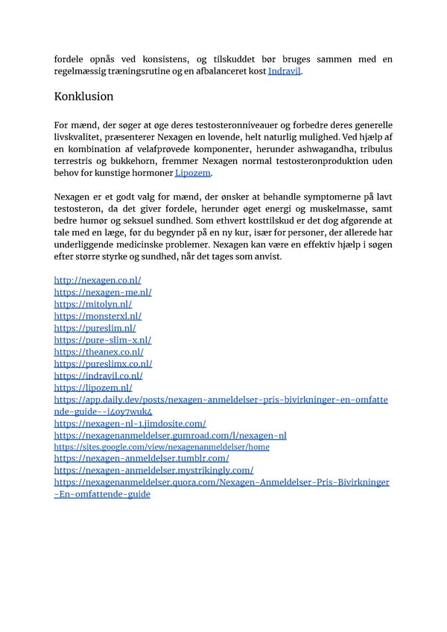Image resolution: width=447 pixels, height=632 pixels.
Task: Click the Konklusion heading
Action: [x=84, y=97]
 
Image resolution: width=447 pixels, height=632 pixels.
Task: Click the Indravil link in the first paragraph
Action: [x=285, y=71]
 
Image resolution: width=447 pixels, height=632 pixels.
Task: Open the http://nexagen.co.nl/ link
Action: [x=98, y=280]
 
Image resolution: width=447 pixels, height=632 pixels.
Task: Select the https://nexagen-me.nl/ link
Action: [x=103, y=292]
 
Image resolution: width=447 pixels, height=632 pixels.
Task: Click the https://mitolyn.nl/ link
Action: [x=93, y=304]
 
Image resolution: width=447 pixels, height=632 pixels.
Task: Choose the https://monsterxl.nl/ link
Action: [x=98, y=316]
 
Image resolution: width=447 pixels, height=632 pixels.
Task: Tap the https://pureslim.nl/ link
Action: [x=95, y=328]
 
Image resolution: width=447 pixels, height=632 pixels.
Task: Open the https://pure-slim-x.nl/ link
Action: [x=103, y=340]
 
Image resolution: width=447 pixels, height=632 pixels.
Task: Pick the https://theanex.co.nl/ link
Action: [x=98, y=352]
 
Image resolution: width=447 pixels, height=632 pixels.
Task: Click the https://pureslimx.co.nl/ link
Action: [x=103, y=364]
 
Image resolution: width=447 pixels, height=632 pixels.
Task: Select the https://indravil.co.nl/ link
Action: [x=98, y=376]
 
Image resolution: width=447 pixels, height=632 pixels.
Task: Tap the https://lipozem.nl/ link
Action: [x=93, y=388]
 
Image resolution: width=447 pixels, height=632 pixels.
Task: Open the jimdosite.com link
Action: [x=130, y=423]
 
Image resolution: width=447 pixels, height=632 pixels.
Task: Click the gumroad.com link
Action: [x=170, y=435]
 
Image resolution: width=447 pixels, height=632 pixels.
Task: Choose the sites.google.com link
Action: [x=162, y=447]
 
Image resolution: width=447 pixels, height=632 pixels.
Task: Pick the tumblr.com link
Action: [x=142, y=458]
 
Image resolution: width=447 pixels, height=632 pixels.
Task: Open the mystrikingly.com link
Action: [x=153, y=470]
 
